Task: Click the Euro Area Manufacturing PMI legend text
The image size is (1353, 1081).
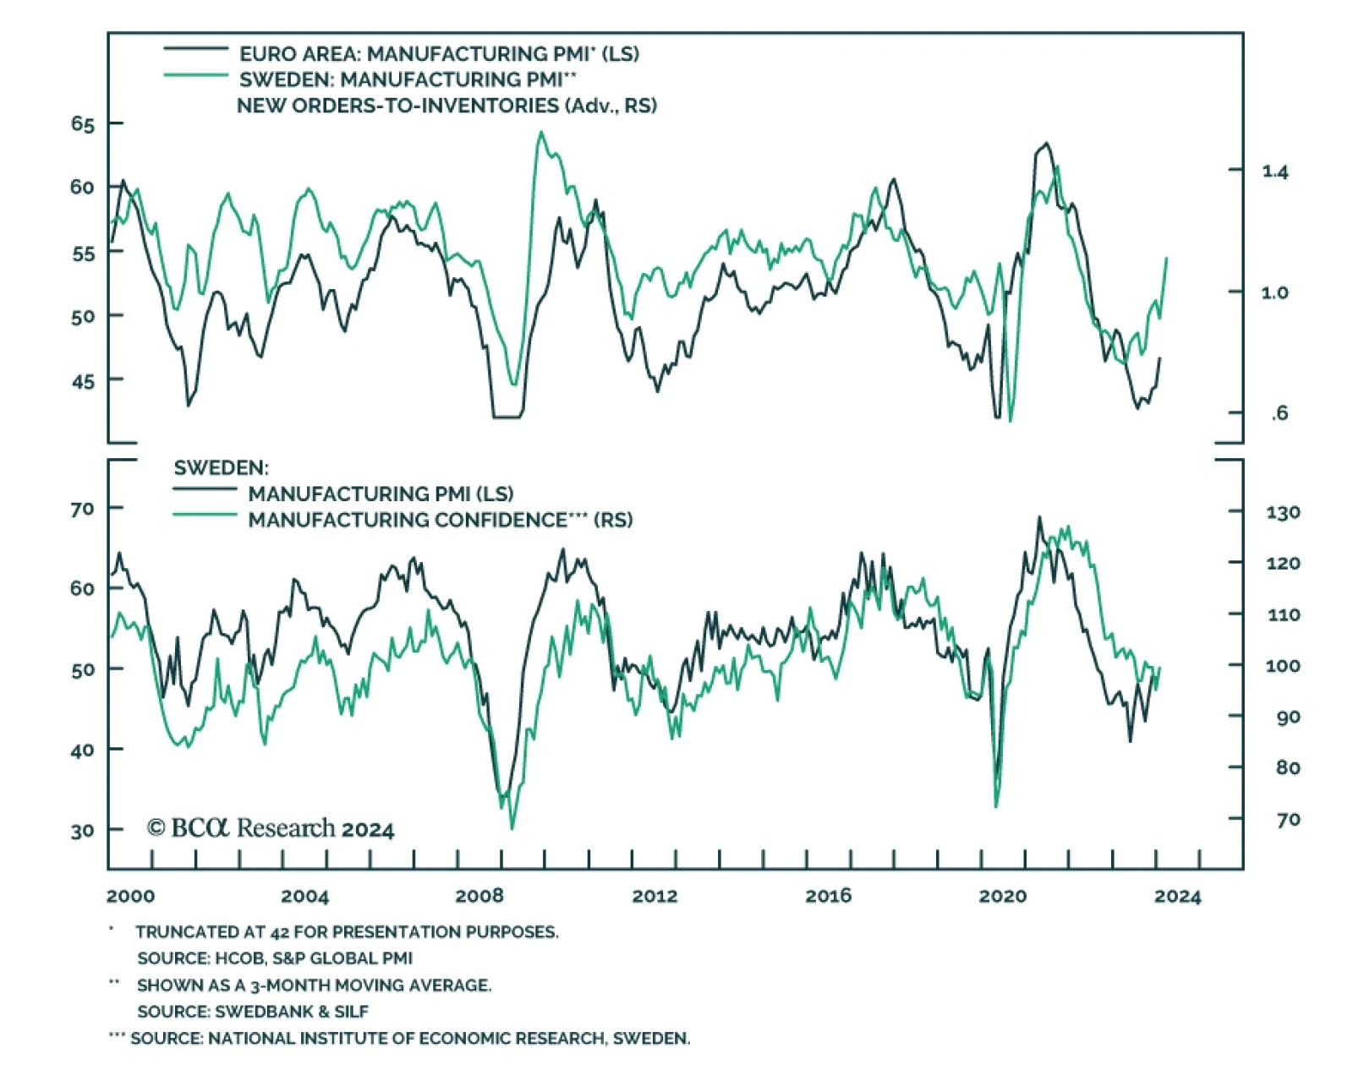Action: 439,54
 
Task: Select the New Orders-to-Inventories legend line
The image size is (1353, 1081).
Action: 195,76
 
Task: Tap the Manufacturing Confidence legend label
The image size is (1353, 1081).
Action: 440,520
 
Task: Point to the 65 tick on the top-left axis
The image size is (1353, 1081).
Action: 83,124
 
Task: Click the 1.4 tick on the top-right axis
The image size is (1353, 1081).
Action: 1275,172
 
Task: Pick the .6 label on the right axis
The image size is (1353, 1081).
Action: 1279,413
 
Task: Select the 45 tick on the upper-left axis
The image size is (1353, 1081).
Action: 83,381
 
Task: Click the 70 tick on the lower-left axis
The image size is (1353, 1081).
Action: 83,509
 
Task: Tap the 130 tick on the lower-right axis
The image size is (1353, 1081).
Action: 1283,512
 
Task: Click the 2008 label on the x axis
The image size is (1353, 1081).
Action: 479,896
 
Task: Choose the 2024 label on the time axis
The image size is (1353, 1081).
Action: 1177,896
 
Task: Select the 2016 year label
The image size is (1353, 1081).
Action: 829,896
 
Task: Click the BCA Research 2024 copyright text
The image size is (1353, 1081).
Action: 271,828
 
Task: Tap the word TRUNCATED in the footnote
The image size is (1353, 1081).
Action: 177,932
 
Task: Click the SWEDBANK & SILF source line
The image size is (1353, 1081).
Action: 253,1012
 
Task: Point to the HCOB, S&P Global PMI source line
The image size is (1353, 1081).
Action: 275,958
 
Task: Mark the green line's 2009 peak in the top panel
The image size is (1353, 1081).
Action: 541,133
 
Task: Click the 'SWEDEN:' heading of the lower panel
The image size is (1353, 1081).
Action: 221,468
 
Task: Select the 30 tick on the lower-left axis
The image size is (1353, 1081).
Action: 83,831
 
